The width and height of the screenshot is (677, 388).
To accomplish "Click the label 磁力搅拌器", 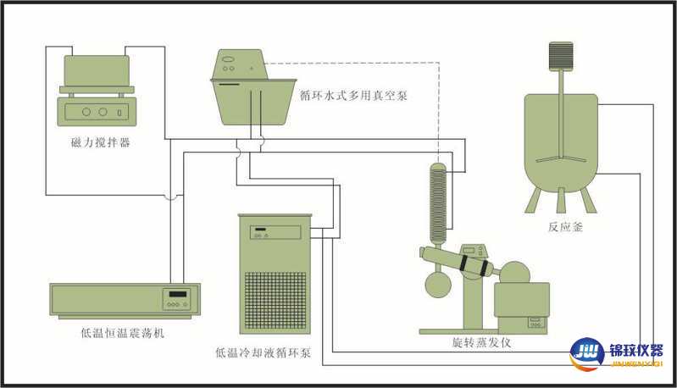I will [x=100, y=142].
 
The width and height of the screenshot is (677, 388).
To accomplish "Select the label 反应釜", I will [x=565, y=226].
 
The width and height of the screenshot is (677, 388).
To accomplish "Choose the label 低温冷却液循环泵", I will [x=263, y=352].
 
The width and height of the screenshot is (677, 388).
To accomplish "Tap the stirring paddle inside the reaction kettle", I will [x=559, y=158].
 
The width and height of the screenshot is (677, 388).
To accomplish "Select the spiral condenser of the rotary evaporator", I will [x=439, y=202].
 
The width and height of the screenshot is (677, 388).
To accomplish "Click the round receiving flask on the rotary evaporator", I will [x=438, y=283].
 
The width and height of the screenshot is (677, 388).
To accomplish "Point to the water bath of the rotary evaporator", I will [x=520, y=306].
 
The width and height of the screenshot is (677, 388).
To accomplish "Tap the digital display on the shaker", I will [x=177, y=297].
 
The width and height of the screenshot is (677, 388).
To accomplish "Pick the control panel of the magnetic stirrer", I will [x=95, y=111].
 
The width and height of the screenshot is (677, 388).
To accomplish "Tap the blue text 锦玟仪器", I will [x=635, y=350].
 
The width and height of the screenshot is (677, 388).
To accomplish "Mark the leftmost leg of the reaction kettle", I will [x=532, y=200].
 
